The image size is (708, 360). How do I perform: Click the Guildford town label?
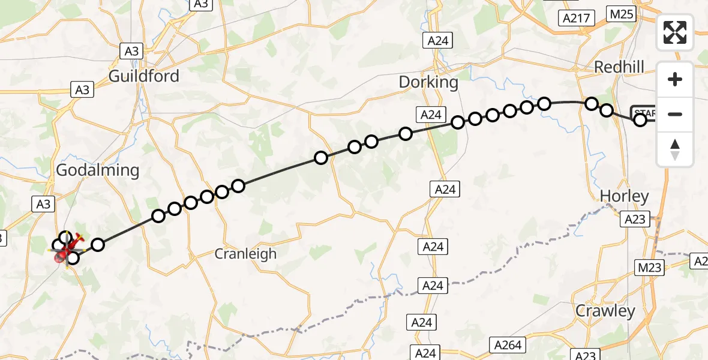pyautogui.click(x=144, y=76)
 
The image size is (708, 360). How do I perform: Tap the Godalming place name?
pyautogui.click(x=97, y=170)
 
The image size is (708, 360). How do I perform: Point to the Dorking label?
pyautogui.click(x=428, y=82)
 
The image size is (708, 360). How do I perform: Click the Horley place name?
pyautogui.click(x=625, y=196)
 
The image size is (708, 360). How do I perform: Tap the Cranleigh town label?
pyautogui.click(x=246, y=254)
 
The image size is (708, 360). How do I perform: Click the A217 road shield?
pyautogui.click(x=576, y=18)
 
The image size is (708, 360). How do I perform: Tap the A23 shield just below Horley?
pyautogui.click(x=635, y=220)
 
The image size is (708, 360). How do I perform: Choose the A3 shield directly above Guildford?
pyautogui.click(x=131, y=51)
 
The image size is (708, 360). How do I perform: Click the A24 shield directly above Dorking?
pyautogui.click(x=437, y=41)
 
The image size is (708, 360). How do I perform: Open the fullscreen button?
pyautogui.click(x=675, y=32)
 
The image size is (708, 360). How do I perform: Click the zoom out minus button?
pyautogui.click(x=675, y=114)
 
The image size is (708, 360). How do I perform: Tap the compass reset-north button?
pyautogui.click(x=675, y=149)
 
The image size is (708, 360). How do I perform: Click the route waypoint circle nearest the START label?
pyautogui.click(x=640, y=120)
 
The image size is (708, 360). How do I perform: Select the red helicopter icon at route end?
pyautogui.click(x=68, y=248)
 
